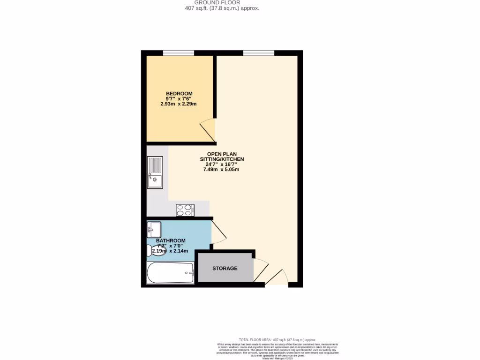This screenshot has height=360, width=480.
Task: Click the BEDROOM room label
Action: click(x=179, y=93)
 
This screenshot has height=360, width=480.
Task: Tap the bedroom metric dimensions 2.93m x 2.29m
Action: click(x=179, y=104)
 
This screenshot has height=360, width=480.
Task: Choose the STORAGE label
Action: click(x=225, y=268)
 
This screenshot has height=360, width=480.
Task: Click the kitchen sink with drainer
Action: click(x=155, y=172)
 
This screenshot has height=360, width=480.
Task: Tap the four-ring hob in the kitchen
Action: click(x=185, y=210)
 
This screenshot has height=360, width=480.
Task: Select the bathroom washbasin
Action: click(x=154, y=229)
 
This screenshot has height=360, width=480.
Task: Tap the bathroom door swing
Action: click(x=218, y=231)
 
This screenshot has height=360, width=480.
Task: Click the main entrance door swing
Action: click(x=277, y=277)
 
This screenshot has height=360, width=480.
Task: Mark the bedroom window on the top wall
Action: click(x=178, y=53)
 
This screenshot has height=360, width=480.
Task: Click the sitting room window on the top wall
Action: click(x=258, y=53)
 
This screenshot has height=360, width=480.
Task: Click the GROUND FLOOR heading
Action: click(x=220, y=2)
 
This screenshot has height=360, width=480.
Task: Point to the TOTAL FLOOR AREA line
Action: click(x=277, y=339)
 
